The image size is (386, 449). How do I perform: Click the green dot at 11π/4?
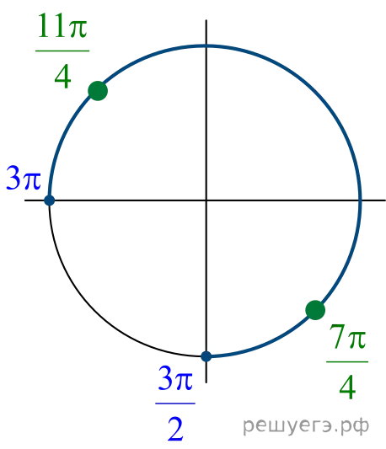[98, 91]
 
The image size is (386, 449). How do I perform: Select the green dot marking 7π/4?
[315, 310]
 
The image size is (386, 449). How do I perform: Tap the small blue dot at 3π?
[49, 200]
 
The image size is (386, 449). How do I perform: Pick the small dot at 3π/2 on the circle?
[206, 356]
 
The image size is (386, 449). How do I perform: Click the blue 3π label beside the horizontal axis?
[24, 178]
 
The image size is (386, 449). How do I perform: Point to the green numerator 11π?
[62, 26]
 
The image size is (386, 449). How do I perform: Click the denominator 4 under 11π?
[62, 76]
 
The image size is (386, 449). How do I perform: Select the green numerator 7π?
[347, 337]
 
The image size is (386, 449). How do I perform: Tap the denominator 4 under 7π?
[347, 388]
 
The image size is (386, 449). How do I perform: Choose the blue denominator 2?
[175, 429]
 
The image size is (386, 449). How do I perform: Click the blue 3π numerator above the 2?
[175, 378]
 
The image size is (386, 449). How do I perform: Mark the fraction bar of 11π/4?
[62, 51]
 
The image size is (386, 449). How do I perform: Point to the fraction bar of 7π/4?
[347, 362]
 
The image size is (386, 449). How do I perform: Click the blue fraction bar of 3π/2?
[175, 404]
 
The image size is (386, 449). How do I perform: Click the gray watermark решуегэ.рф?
[306, 425]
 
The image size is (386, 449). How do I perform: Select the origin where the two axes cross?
[206, 200]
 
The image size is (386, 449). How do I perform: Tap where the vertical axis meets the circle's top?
[206, 45]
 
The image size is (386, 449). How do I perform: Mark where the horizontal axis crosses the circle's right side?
[360, 200]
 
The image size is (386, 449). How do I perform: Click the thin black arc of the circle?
[96, 310]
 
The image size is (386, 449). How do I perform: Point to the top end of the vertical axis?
[206, 20]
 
